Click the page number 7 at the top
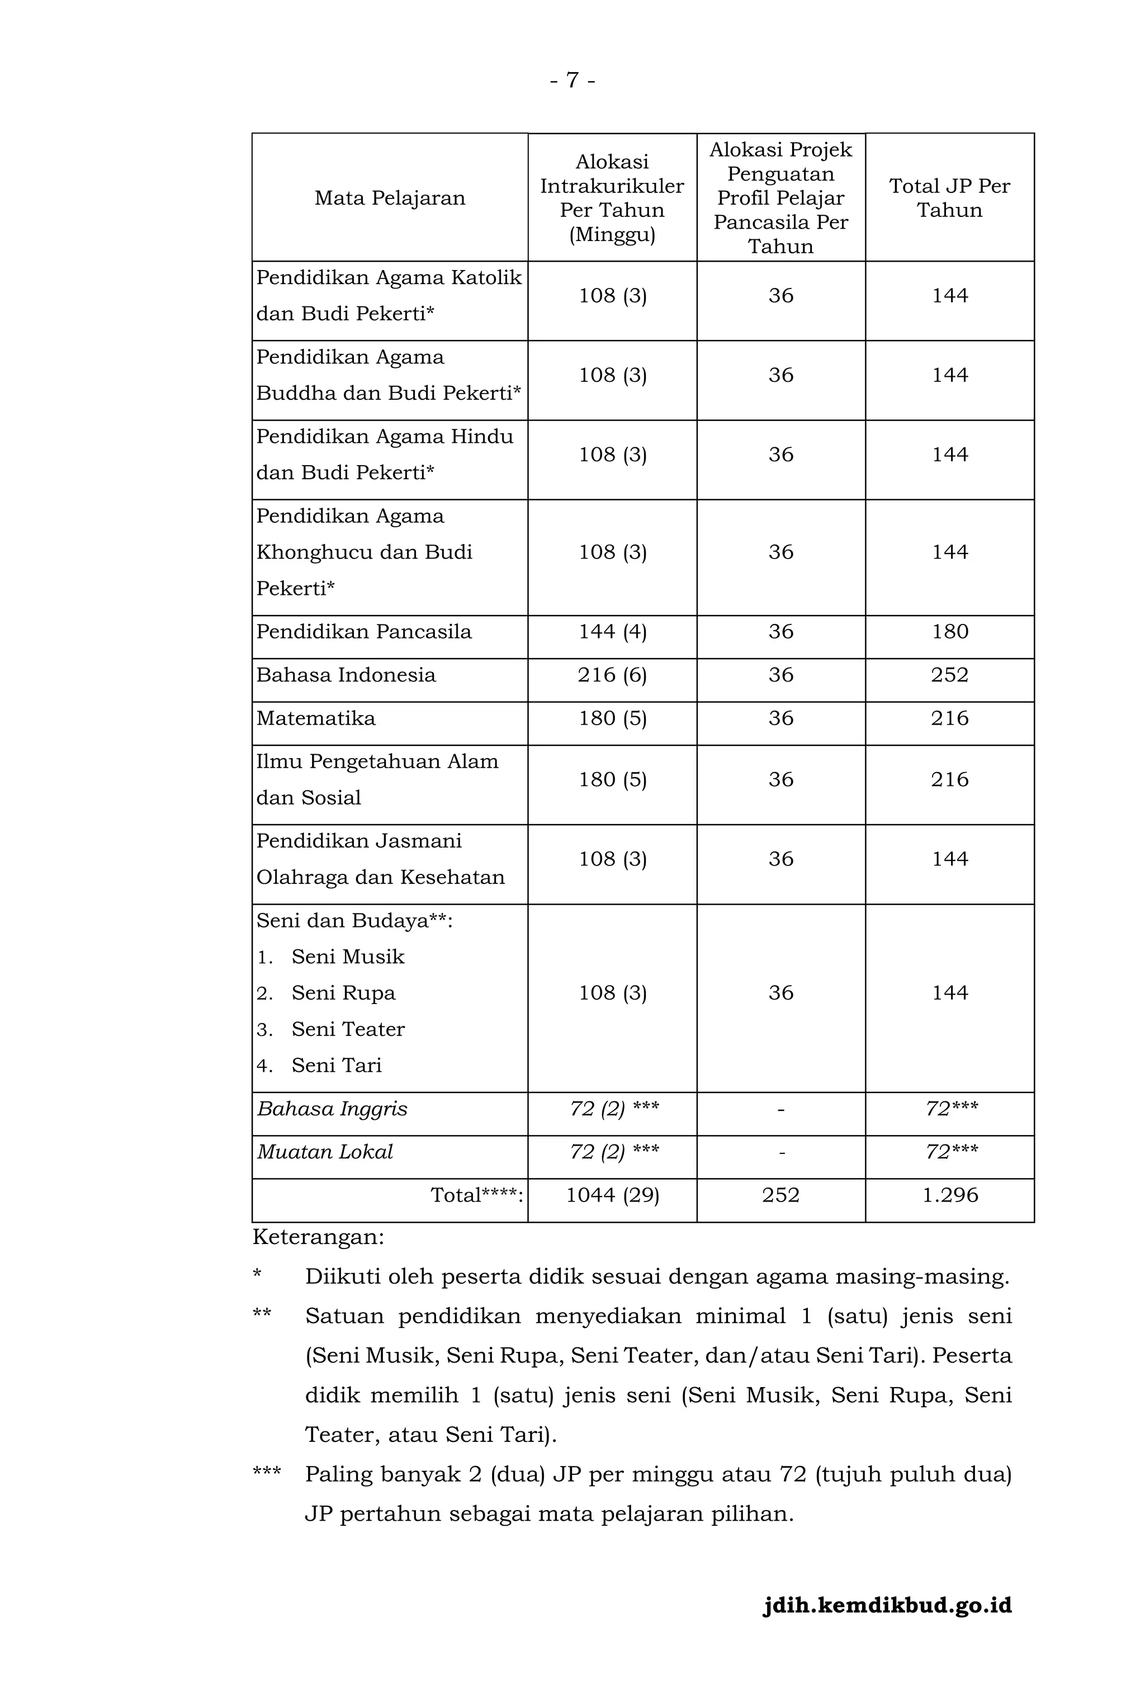(x=572, y=80)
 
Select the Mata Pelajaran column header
(x=389, y=198)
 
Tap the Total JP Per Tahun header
(x=949, y=198)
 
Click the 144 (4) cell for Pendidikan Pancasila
(x=612, y=631)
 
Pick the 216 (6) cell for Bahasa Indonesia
(x=612, y=675)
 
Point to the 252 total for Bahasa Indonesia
(x=949, y=675)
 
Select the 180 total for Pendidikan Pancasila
(x=949, y=631)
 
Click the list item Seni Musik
(x=348, y=957)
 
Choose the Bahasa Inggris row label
(x=332, y=1109)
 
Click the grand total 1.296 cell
(x=949, y=1195)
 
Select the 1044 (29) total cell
(x=612, y=1195)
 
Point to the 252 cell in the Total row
(x=780, y=1195)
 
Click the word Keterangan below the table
(x=318, y=1237)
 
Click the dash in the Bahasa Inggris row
(x=780, y=1109)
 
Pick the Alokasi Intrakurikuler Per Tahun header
(x=612, y=198)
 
